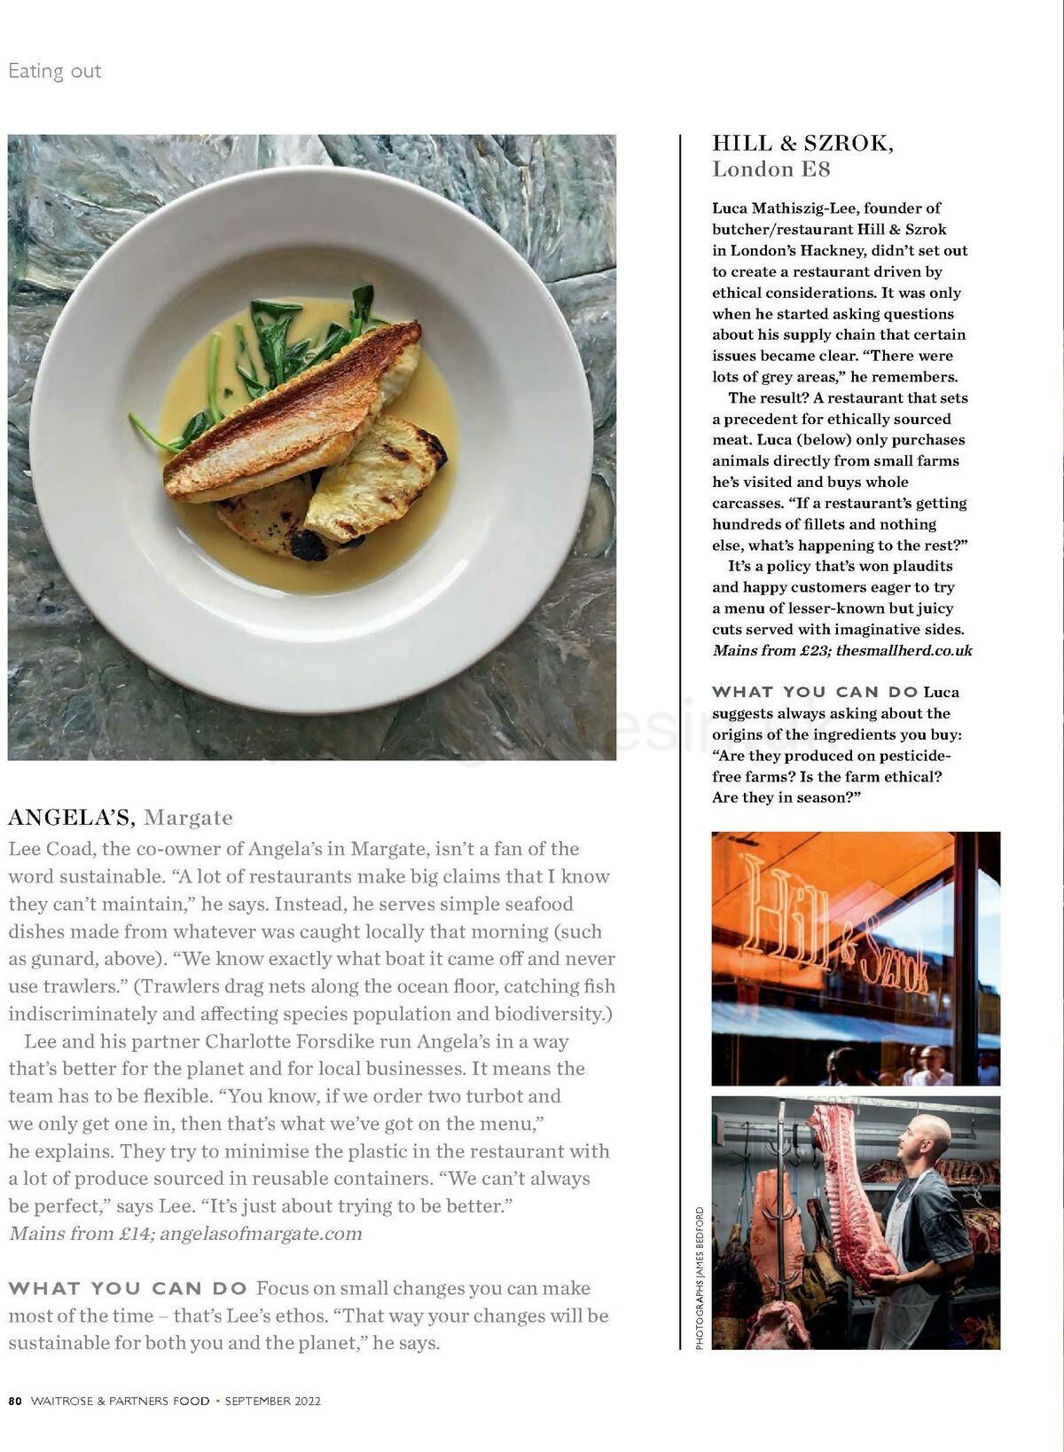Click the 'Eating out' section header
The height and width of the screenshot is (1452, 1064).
pos(55,71)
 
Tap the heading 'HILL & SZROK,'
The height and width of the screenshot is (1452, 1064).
pos(802,144)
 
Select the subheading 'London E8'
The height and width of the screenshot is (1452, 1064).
pos(771,169)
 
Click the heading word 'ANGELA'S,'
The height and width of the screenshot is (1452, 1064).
pos(71,817)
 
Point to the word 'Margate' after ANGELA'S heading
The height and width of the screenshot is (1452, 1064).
pos(188,818)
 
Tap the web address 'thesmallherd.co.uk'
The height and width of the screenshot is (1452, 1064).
pos(904,650)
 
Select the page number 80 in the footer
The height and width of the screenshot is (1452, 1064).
pos(15,1401)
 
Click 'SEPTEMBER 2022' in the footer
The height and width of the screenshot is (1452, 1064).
pos(273,1401)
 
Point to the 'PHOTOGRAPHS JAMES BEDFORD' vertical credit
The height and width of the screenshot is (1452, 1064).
pos(700,1278)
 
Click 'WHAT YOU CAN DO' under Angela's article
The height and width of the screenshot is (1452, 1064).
pos(128,1289)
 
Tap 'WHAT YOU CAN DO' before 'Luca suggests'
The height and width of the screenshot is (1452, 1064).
pos(815,692)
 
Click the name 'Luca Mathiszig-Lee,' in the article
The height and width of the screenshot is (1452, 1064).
pos(785,208)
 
